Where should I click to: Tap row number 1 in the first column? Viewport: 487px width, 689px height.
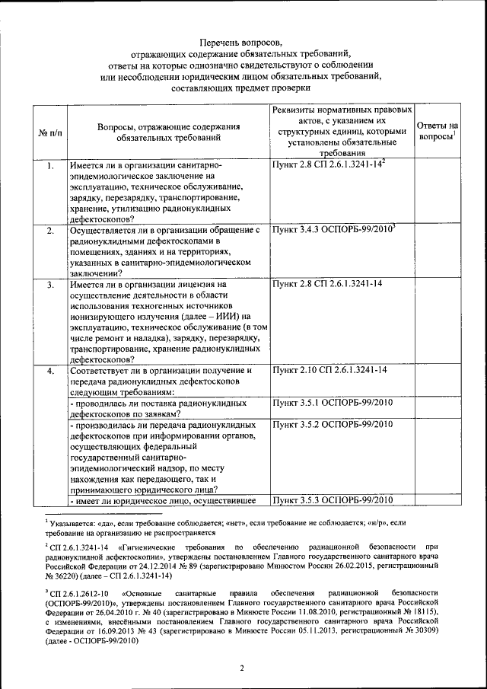[49, 165]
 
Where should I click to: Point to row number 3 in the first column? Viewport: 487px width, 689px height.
[49, 285]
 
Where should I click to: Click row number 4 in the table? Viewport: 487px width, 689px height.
[49, 371]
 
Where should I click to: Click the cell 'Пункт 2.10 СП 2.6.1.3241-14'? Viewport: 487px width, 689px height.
[330, 370]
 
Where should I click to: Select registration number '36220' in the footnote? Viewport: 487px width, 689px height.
[67, 577]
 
